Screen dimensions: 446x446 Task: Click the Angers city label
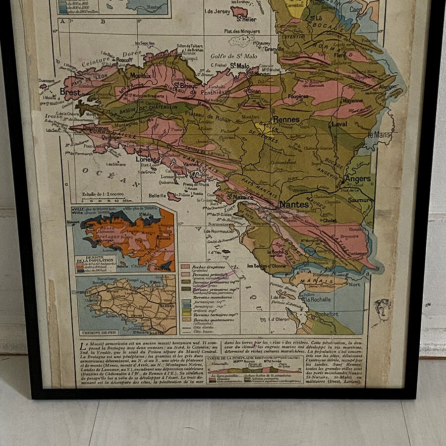tap(357, 178)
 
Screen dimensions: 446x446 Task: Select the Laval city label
tap(339, 124)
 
